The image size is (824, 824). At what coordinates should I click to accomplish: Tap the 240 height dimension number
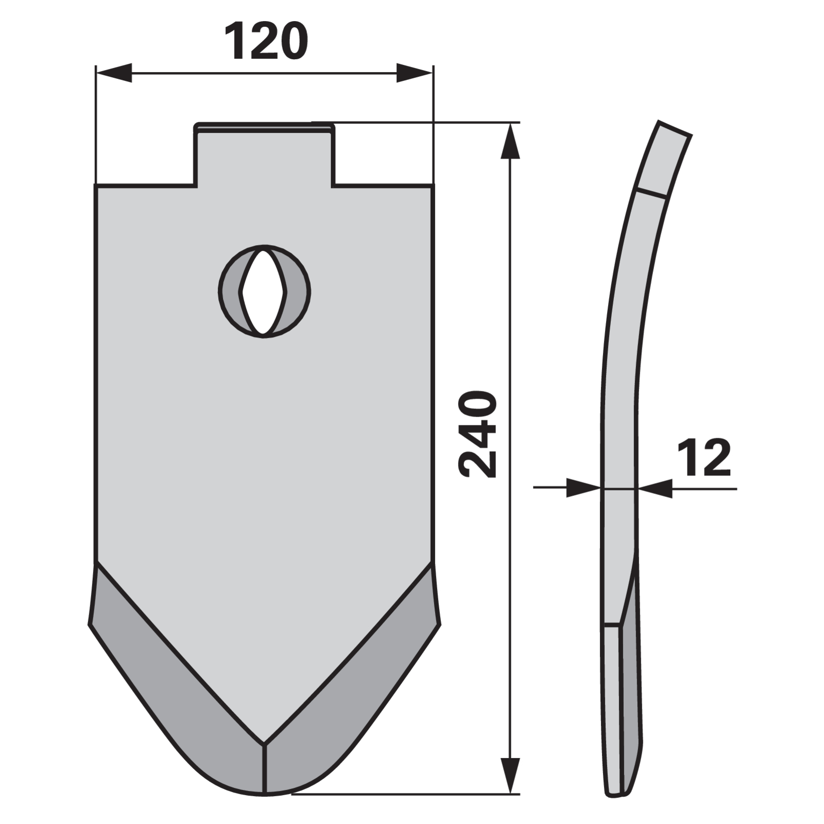(477, 435)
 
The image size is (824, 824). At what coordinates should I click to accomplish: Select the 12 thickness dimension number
(704, 458)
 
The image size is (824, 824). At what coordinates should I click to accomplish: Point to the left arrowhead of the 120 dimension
(114, 73)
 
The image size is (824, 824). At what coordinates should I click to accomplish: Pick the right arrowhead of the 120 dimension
(415, 73)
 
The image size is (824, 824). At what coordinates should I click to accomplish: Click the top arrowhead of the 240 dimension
(510, 141)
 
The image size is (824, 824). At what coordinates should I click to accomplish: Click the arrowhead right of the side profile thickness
(655, 488)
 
